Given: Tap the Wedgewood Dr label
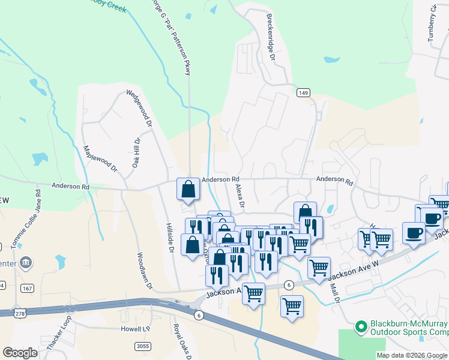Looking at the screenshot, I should point(139,109).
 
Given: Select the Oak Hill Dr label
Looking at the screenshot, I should point(136,152).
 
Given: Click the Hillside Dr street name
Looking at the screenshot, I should point(169,237).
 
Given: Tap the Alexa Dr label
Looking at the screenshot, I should point(240,196).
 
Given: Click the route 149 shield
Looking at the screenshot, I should point(304,92).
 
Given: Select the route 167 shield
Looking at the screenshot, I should point(26,289).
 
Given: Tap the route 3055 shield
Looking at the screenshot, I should point(143,346).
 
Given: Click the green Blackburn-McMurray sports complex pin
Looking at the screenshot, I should point(361,327).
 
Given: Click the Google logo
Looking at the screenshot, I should point(20,353).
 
